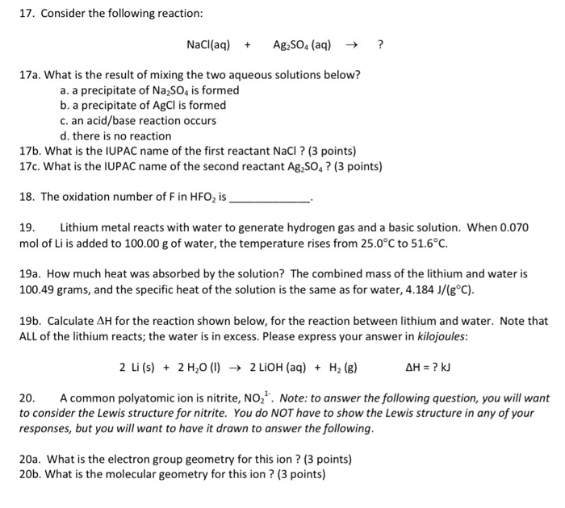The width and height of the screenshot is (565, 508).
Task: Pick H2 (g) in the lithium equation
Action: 345,368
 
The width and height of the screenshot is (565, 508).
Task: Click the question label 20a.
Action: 30,460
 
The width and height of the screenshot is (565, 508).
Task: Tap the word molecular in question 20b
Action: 122,475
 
